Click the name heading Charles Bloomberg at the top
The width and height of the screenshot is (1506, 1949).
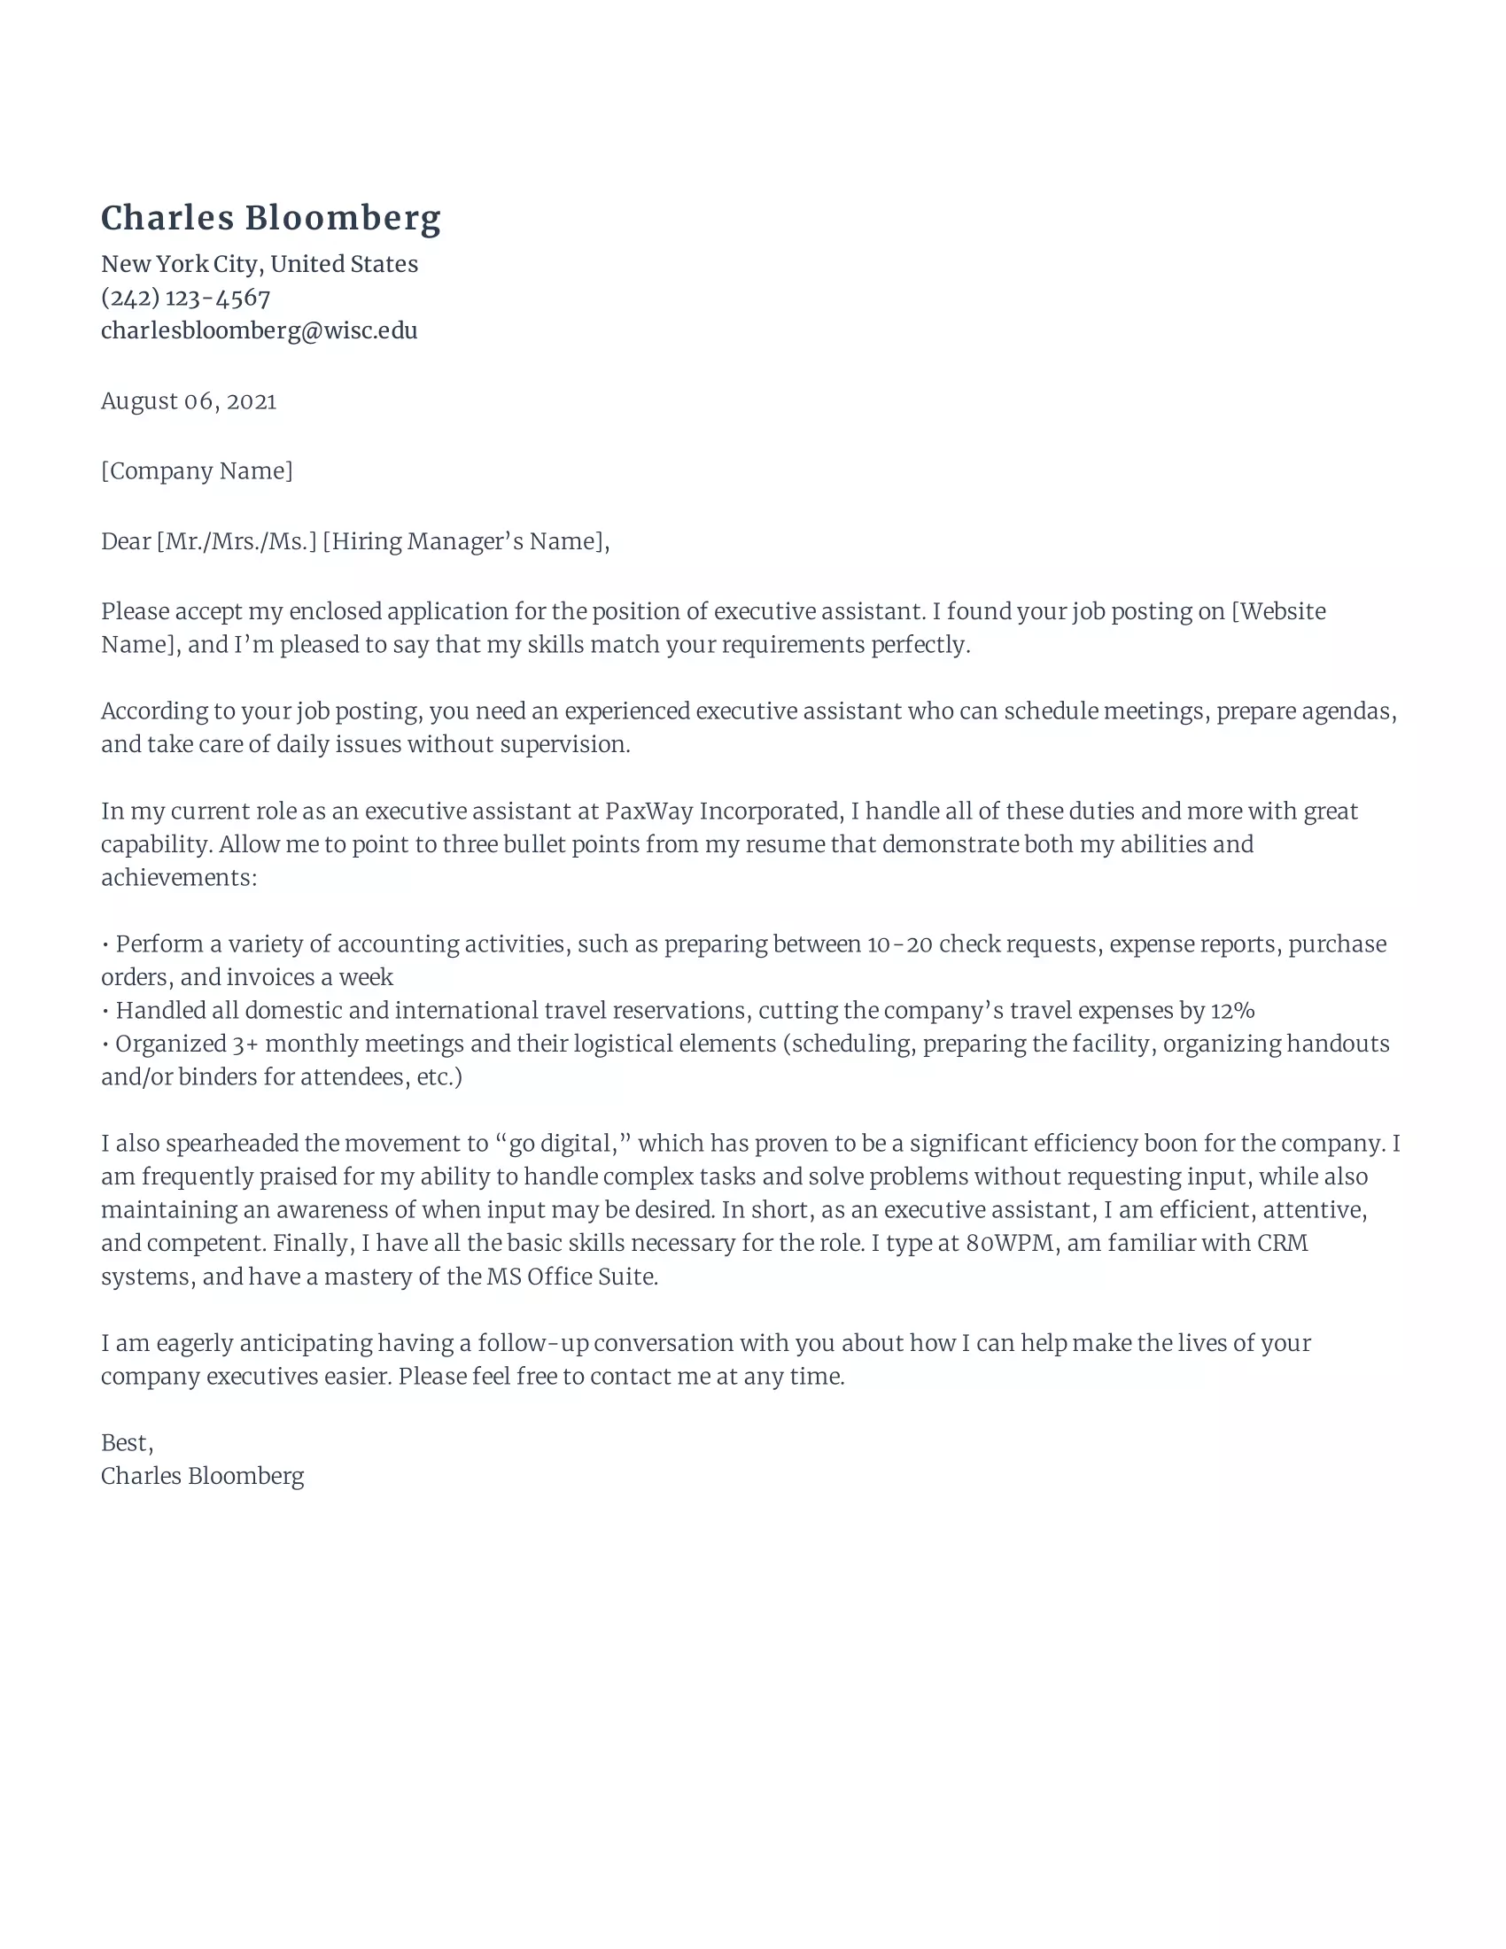(x=270, y=219)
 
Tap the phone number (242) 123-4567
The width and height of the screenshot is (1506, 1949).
(x=185, y=297)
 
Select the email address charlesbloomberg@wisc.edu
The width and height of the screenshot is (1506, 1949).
(x=259, y=331)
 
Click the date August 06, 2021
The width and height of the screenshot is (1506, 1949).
(x=188, y=401)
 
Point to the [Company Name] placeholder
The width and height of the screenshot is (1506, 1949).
(x=197, y=471)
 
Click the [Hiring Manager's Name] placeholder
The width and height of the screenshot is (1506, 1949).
(x=464, y=541)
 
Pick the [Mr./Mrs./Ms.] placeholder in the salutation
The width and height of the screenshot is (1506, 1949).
(x=237, y=541)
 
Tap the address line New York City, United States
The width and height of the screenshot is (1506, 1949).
(x=259, y=264)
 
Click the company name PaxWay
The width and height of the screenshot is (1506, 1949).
(x=648, y=811)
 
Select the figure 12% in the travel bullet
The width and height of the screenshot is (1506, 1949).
(x=1232, y=1011)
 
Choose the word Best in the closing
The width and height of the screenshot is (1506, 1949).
(x=124, y=1443)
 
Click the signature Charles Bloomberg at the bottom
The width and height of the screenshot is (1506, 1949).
(x=203, y=1476)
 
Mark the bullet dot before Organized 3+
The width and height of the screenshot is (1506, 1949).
(x=105, y=1045)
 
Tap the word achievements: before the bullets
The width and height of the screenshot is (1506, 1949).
(x=178, y=878)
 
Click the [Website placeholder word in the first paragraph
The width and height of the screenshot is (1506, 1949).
(x=1278, y=611)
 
